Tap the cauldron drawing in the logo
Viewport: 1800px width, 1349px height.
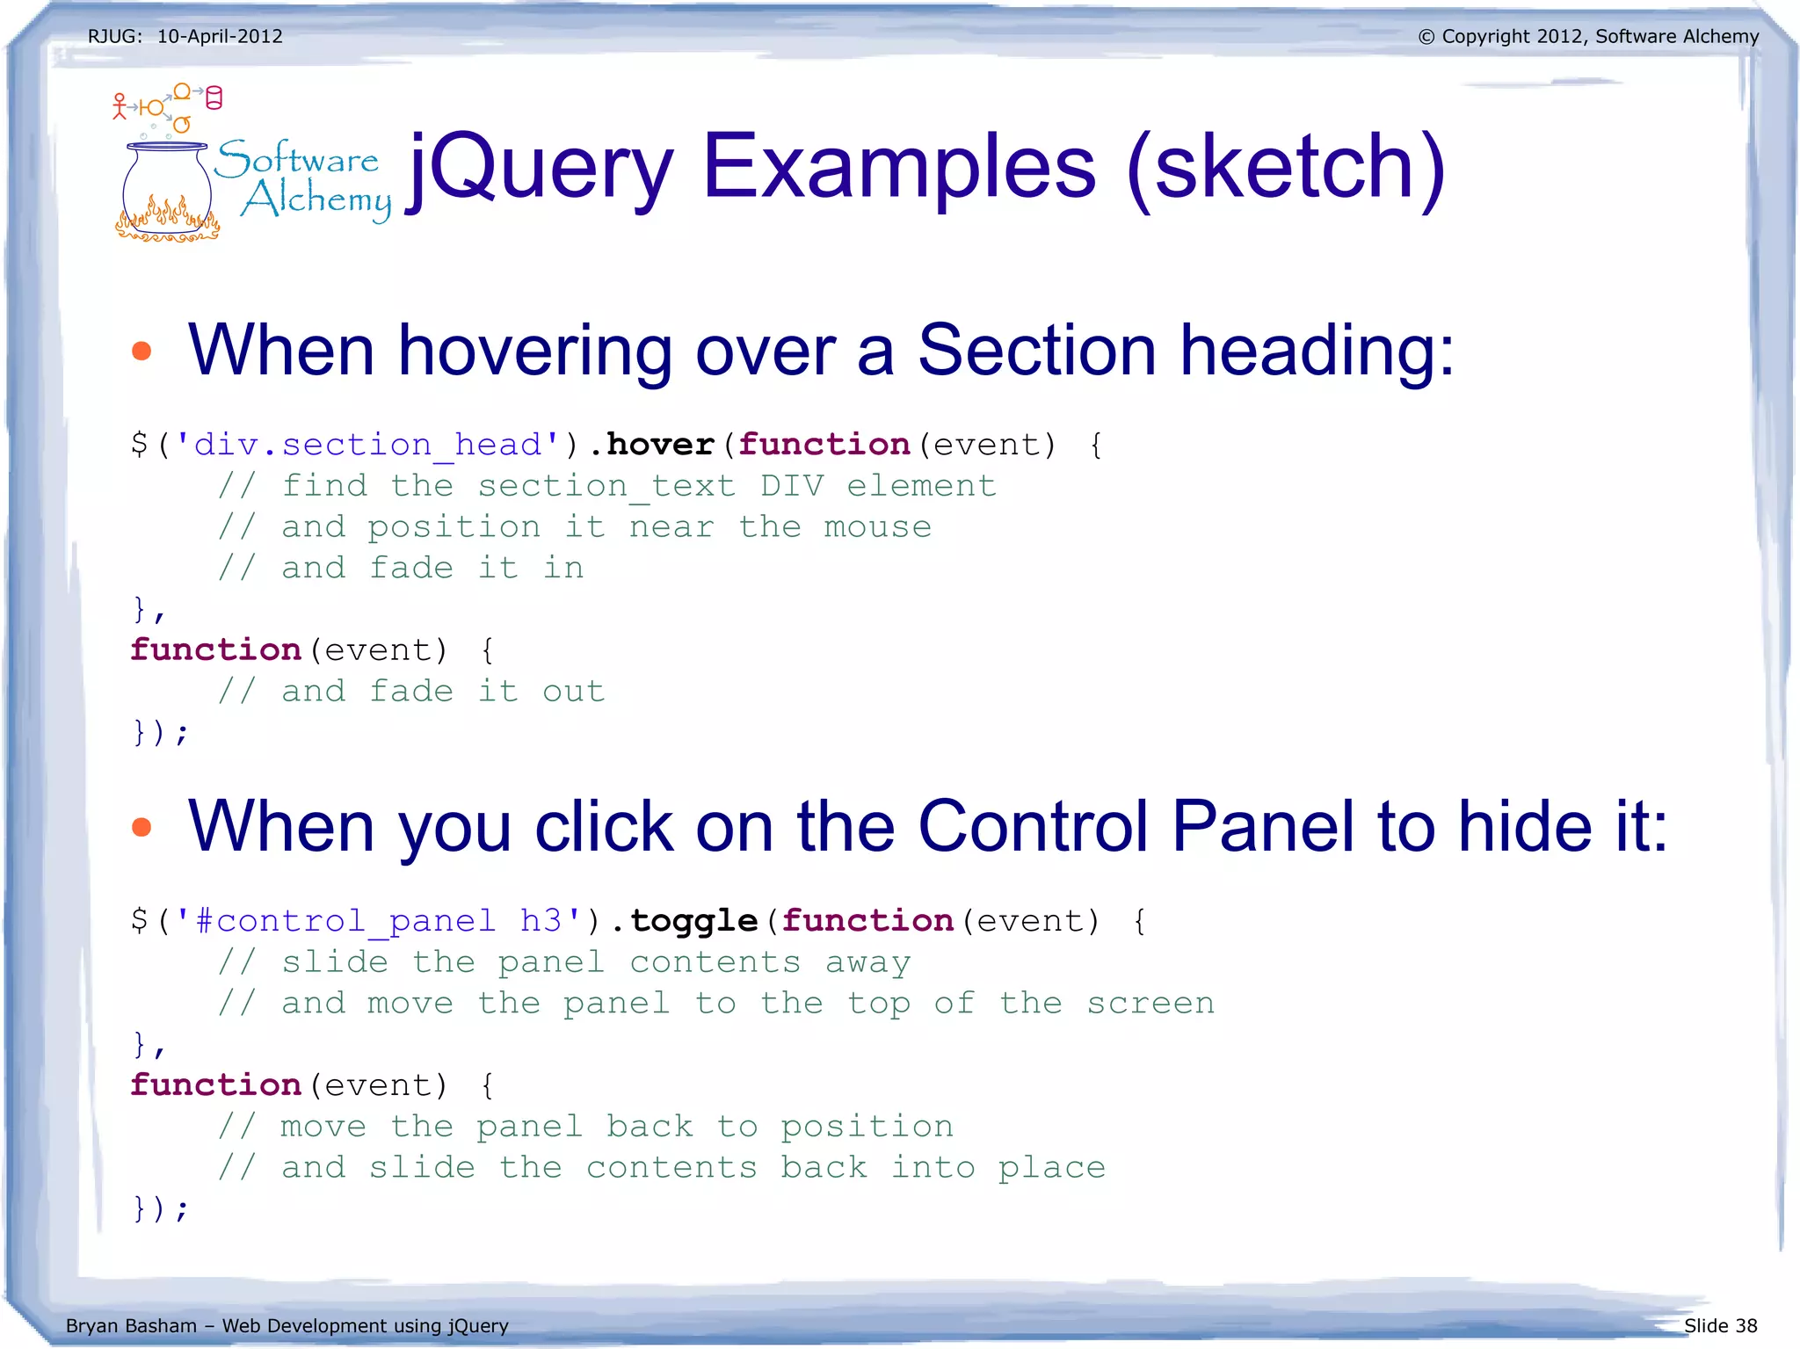tap(167, 193)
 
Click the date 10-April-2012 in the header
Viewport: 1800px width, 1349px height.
tap(220, 36)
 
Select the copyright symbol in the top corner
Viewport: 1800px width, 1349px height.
tap(1426, 37)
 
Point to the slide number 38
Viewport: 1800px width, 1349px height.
tap(1746, 1326)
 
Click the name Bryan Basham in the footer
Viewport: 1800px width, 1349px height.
tap(131, 1326)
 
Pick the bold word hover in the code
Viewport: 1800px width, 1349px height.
tap(660, 445)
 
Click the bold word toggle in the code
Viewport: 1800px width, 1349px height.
tap(693, 921)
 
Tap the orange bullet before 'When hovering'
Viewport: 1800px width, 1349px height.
tap(142, 352)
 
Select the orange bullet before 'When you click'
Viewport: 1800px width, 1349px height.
tap(142, 827)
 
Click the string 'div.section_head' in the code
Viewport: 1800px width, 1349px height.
tap(367, 445)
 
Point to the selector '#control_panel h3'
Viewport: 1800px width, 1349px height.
tap(378, 921)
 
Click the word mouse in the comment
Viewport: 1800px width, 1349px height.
tap(877, 527)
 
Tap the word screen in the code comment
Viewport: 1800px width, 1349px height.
tap(1150, 1004)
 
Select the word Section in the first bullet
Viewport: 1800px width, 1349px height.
tap(1036, 351)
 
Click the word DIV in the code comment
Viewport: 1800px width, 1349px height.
tap(792, 486)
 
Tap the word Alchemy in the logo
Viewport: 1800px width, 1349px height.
tap(316, 199)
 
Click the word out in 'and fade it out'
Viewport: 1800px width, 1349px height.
tap(573, 692)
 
